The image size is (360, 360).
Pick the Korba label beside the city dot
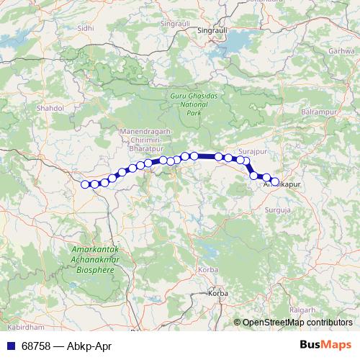tap(217, 294)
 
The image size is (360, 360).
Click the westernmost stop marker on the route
tap(85, 184)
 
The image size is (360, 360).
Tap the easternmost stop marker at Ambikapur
tap(274, 181)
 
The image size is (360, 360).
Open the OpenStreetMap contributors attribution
tap(297, 323)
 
